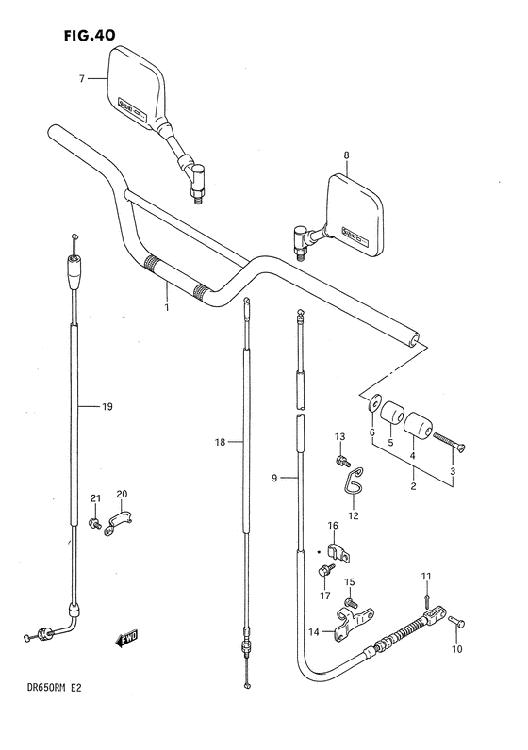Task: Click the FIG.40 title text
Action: pos(90,36)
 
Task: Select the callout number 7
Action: pos(82,79)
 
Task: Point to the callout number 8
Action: pos(347,155)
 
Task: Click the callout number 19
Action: pos(107,407)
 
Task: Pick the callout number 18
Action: pos(220,443)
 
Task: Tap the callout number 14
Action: pos(314,632)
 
